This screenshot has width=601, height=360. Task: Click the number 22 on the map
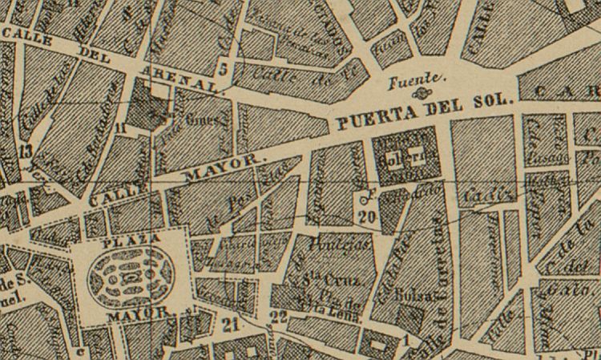coord(279,317)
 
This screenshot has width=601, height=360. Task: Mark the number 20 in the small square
coord(368,215)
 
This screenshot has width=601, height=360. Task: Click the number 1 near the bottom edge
coord(407,341)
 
